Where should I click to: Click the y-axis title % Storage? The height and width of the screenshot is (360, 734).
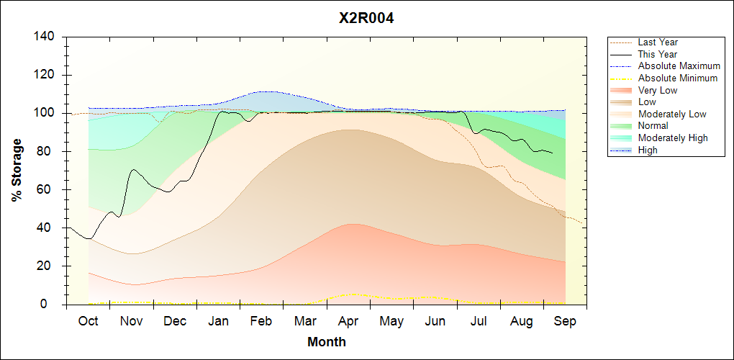[17, 170]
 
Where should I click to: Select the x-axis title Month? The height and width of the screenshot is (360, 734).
[327, 342]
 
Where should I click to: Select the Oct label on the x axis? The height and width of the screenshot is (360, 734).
[88, 321]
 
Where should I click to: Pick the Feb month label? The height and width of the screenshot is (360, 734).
[261, 321]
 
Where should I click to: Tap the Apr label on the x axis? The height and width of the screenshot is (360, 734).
[348, 322]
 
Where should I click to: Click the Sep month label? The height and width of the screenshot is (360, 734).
[565, 322]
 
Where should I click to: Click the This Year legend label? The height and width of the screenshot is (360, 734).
[657, 54]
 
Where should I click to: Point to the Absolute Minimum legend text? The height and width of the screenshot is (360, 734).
[678, 78]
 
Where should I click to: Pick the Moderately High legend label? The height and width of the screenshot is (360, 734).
[673, 138]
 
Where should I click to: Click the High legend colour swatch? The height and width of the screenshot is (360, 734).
[622, 150]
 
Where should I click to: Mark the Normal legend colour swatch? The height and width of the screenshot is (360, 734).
[622, 126]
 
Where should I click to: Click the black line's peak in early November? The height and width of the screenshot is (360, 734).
[134, 169]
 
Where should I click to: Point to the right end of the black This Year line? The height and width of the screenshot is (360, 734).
[553, 153]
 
